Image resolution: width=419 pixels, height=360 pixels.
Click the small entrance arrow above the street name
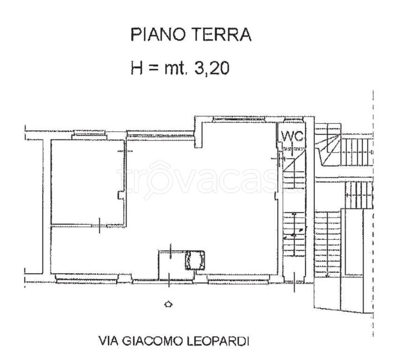click(168, 304)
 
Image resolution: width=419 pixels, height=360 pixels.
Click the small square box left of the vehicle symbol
click(172, 265)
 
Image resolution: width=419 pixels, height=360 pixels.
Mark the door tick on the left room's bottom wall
click(100, 225)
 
